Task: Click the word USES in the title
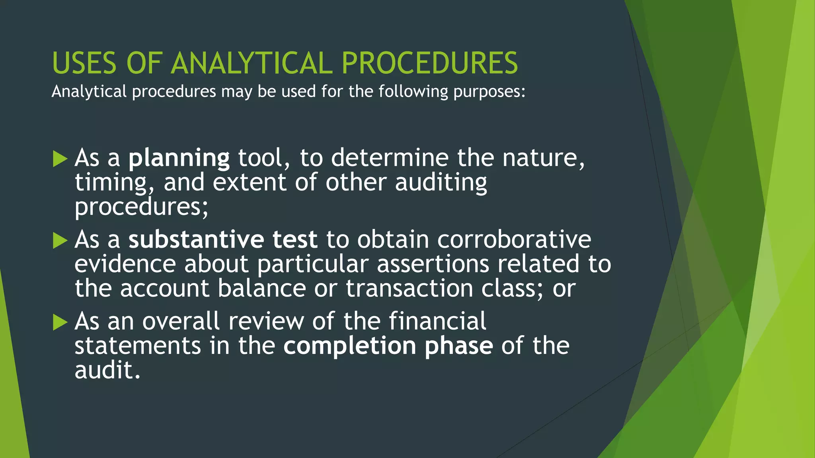pyautogui.click(x=84, y=63)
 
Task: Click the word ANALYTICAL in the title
pyautogui.click(x=252, y=63)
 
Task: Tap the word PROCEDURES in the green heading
pyautogui.click(x=430, y=63)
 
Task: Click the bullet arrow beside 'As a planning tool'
pyautogui.click(x=60, y=159)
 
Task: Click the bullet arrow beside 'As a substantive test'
pyautogui.click(x=60, y=241)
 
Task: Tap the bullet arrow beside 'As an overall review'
pyautogui.click(x=60, y=322)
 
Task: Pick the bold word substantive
pyautogui.click(x=196, y=240)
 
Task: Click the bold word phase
pyautogui.click(x=458, y=346)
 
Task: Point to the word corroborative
pyautogui.click(x=514, y=240)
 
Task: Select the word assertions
pyautogui.click(x=433, y=264)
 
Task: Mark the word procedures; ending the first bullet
pyautogui.click(x=141, y=208)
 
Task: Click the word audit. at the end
pyautogui.click(x=107, y=371)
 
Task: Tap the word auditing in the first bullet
pyautogui.click(x=441, y=183)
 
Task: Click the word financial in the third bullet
pyautogui.click(x=437, y=321)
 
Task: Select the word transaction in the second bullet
pyautogui.click(x=409, y=289)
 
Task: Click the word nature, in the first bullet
pyautogui.click(x=543, y=158)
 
